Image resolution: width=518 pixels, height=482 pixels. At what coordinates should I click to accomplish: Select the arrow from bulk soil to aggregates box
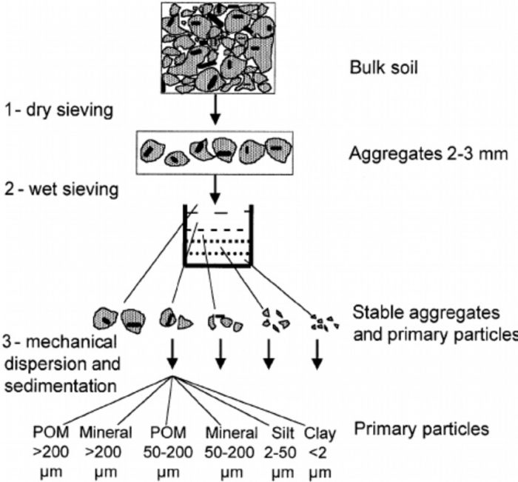(x=214, y=111)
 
